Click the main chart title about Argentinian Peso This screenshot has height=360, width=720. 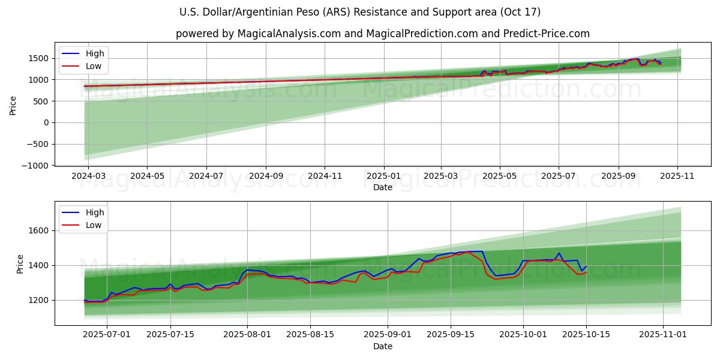point(360,12)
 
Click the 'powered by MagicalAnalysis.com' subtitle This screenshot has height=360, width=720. point(383,34)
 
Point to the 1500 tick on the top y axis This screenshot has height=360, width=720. point(37,58)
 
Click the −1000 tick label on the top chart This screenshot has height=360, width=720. point(34,166)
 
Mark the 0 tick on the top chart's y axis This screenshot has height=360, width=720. point(46,122)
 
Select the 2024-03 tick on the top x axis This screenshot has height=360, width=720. point(88,176)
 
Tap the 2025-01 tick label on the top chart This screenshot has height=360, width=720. point(383,176)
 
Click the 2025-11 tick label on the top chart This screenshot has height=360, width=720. point(678,176)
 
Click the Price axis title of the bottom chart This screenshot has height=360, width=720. point(20,263)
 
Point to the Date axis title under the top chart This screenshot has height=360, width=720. point(383,187)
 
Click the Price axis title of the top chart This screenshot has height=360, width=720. point(13,105)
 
